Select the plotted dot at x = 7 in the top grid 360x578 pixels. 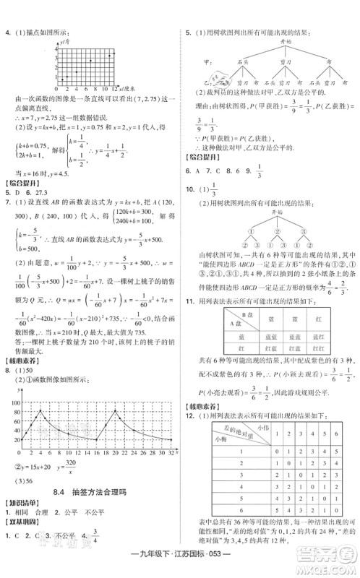tap(90, 61)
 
